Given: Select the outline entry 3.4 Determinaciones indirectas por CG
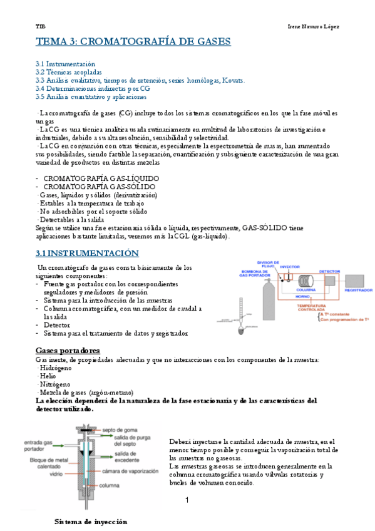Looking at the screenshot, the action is click(93, 89).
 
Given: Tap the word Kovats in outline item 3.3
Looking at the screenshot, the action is click(233, 81).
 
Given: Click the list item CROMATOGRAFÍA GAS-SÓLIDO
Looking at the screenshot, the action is click(100, 187).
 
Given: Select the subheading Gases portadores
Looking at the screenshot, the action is click(68, 350).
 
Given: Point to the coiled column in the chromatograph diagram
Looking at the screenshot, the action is click(307, 281).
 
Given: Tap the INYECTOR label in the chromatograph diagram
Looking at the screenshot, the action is click(290, 266).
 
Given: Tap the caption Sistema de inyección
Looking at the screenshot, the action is click(91, 521).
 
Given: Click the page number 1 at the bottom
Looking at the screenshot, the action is click(187, 500).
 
